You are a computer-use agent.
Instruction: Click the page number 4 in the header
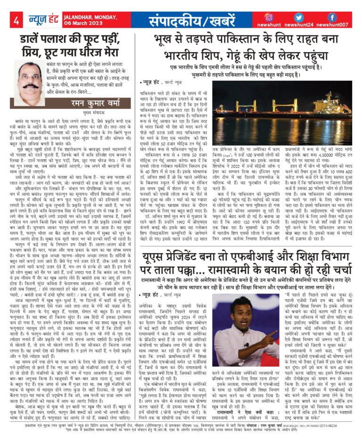coord(16,20)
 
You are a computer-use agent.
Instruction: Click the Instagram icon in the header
coord(269,17)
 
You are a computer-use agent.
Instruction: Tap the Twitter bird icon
coord(301,17)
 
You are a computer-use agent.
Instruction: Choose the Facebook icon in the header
coord(332,17)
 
